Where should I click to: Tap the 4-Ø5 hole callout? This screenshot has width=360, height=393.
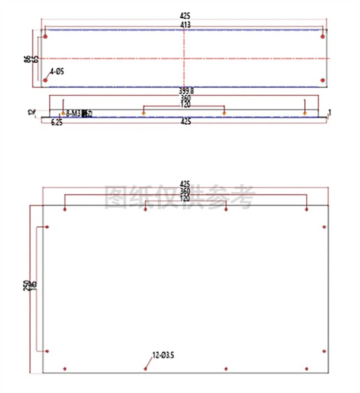57,72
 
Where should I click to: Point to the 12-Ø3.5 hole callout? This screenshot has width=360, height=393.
164,354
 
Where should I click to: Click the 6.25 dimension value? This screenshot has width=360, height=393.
57,122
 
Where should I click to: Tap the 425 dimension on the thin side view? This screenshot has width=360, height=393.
185,121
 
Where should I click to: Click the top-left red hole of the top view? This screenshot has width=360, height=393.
45,36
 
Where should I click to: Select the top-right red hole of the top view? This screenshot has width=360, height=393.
323,36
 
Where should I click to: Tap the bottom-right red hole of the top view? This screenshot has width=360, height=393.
323,80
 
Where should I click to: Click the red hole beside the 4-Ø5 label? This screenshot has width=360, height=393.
45,80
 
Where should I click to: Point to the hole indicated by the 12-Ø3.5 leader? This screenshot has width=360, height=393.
145,368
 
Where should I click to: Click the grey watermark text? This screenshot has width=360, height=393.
180,197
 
